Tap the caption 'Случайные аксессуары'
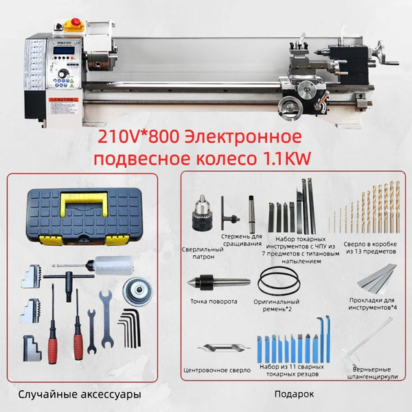80,395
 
